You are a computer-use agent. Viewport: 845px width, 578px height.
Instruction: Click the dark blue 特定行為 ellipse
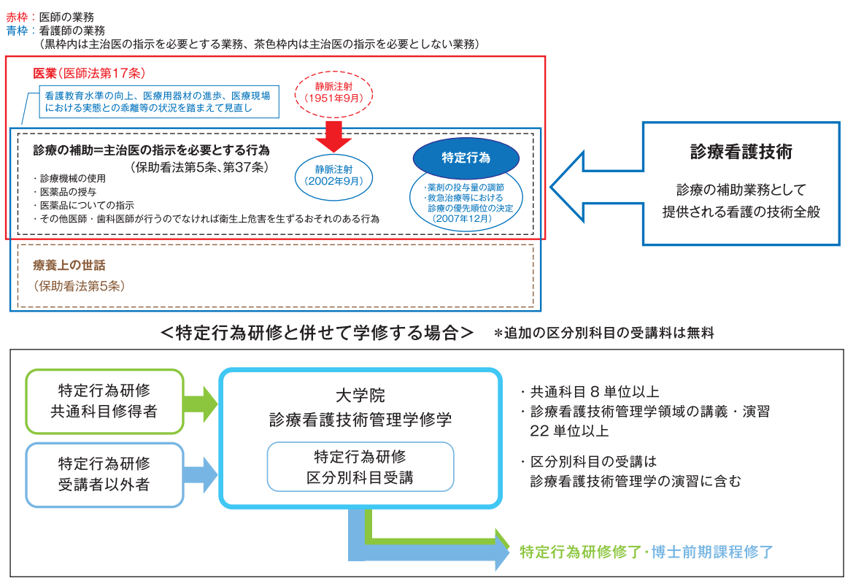coord(466,158)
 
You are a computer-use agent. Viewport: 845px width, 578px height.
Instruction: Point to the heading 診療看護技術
coord(741,152)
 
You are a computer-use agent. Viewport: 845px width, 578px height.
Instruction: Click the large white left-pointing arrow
coord(591,185)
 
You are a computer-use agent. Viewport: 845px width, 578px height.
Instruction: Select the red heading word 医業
coord(45,73)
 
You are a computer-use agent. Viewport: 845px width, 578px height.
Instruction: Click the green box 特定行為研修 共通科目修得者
coord(104,401)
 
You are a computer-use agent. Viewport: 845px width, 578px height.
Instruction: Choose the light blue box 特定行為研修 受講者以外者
coord(104,474)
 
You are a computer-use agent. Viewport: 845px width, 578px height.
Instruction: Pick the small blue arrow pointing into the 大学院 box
coord(201,474)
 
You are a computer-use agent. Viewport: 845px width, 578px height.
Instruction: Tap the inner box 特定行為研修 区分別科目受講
coord(360,466)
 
